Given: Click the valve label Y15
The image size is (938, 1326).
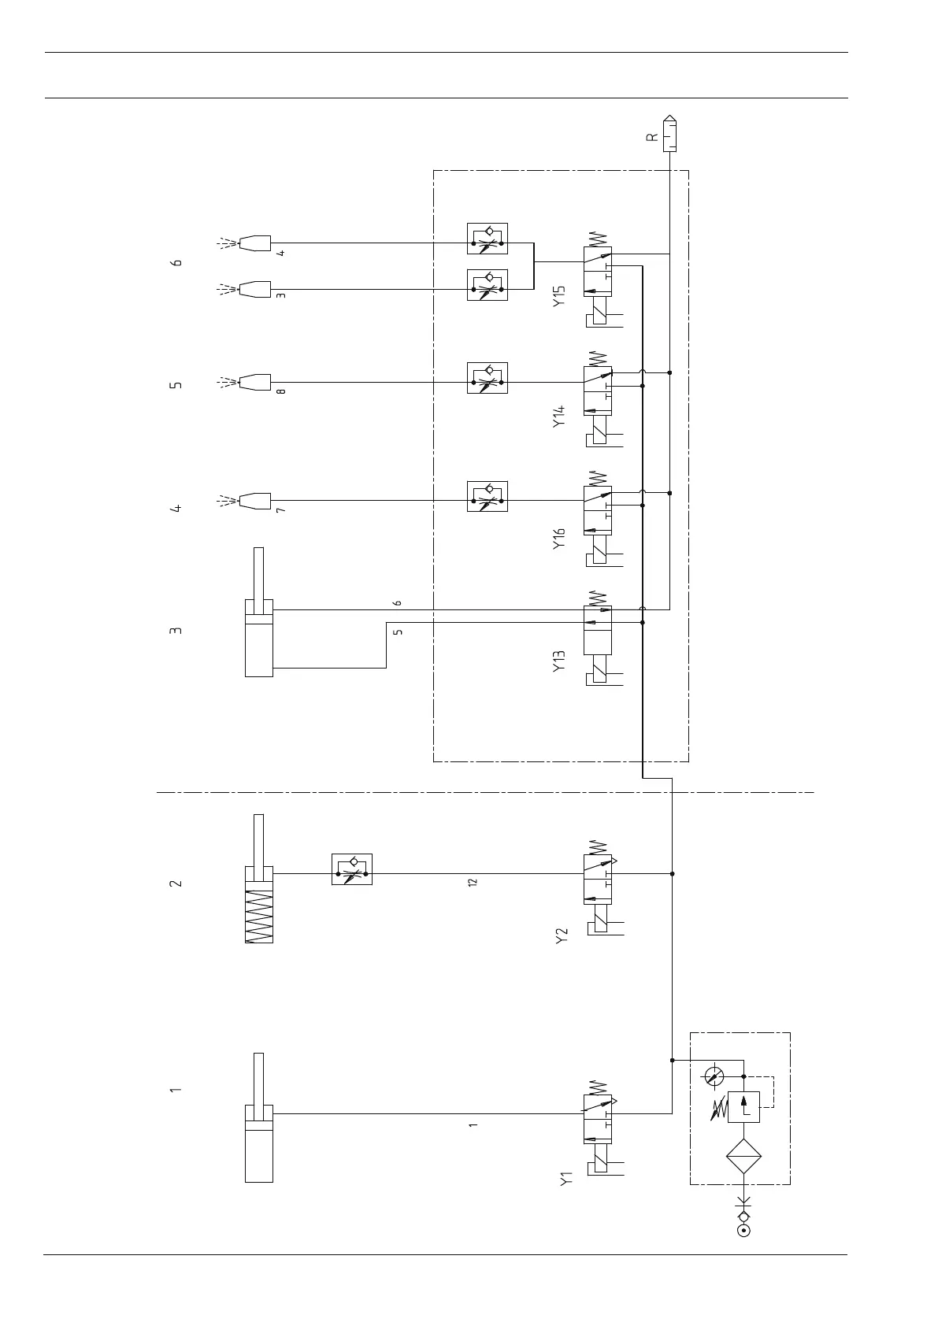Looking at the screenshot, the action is click(559, 296).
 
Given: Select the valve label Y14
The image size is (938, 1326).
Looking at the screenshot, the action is click(559, 416).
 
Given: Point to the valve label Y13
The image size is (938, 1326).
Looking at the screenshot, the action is click(559, 661).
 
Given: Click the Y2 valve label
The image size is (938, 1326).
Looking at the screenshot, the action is click(562, 936).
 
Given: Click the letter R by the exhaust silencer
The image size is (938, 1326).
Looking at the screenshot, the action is click(651, 136).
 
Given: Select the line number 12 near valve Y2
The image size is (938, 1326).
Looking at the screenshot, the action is click(473, 883).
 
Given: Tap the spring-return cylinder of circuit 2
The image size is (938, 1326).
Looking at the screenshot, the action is click(259, 905).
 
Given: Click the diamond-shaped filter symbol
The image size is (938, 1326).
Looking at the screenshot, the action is click(743, 1156).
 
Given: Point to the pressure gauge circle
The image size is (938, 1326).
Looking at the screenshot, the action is click(714, 1076).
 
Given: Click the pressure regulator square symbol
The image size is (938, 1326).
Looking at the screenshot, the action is click(743, 1107).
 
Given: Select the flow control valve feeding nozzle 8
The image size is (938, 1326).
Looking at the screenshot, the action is click(488, 378).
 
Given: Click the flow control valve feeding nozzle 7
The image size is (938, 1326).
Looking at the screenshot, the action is click(488, 496).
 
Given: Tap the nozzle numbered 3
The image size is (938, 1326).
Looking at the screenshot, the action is click(254, 289).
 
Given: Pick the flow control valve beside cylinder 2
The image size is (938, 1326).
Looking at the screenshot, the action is click(352, 869).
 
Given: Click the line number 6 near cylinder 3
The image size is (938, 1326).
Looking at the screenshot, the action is click(398, 603).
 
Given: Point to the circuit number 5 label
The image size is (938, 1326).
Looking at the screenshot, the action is click(176, 385).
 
